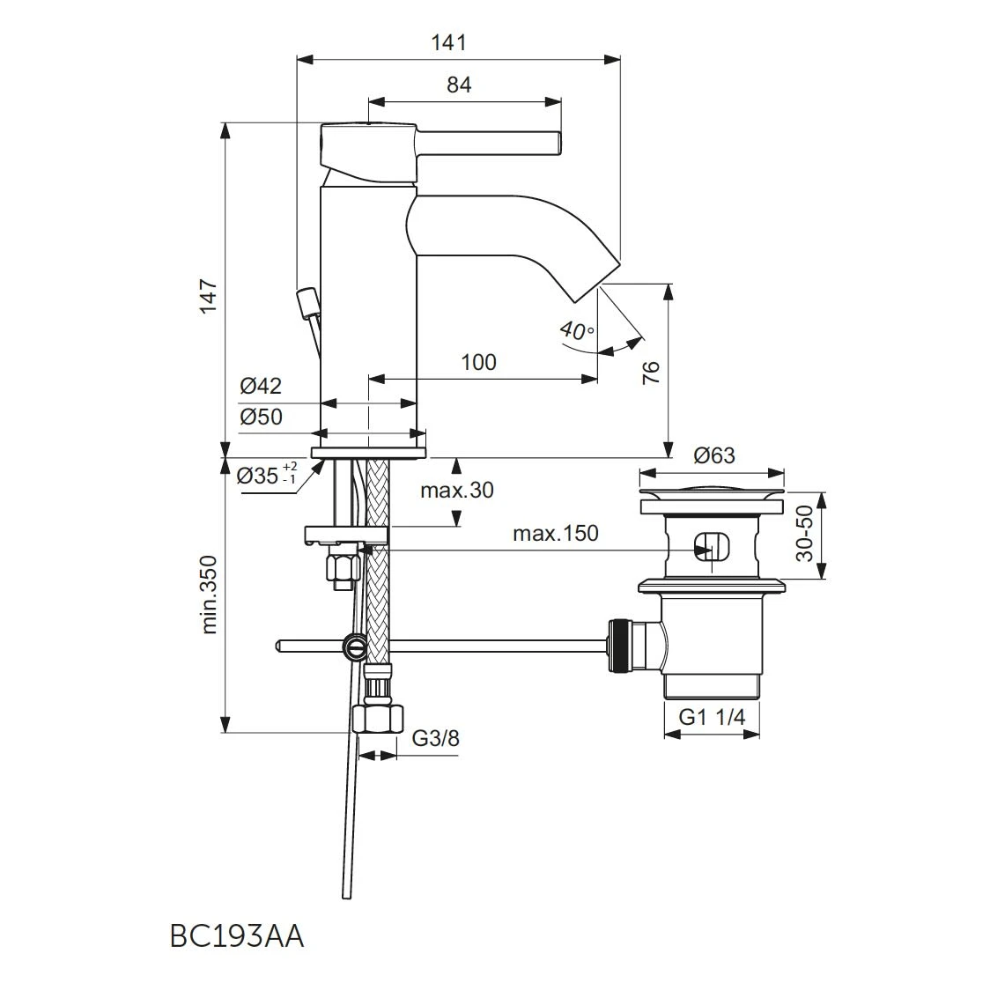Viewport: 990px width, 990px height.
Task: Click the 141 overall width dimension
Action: click(x=449, y=41)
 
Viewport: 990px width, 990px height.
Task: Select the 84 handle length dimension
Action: click(x=459, y=85)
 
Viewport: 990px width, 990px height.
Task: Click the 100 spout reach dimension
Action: click(x=478, y=362)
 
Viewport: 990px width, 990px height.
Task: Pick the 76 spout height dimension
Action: click(x=651, y=372)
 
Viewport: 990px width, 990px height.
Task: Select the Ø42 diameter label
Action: click(x=261, y=386)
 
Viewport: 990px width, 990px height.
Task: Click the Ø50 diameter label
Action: click(x=261, y=417)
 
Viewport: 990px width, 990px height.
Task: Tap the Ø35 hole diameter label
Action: click(x=268, y=476)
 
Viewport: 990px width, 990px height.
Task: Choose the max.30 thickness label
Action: click(x=457, y=491)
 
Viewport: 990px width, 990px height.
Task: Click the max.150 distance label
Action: click(x=555, y=533)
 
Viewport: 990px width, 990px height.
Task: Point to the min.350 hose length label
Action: click(x=209, y=594)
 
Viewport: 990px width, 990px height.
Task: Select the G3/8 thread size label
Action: click(x=436, y=737)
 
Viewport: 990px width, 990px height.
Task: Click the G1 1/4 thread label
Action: click(x=712, y=717)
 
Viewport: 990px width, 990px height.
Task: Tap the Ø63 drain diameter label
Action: click(x=713, y=455)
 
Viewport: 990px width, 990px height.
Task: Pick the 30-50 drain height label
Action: click(x=803, y=534)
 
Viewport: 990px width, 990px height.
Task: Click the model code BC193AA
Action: click(x=236, y=936)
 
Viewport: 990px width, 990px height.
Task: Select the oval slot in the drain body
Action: click(x=711, y=546)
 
